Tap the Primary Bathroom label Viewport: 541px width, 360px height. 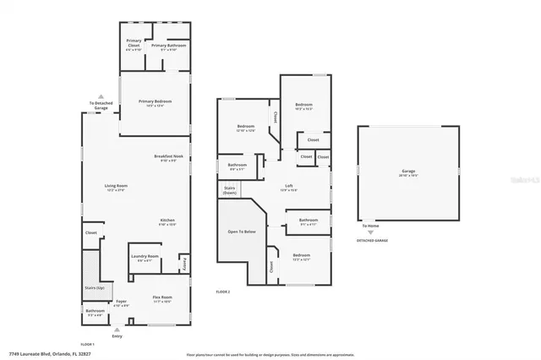pos(168,46)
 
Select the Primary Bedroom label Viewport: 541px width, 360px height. pos(155,103)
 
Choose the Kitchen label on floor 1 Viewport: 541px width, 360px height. pos(167,221)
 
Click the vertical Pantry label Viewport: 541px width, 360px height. pos(185,265)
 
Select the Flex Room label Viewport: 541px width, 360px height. pos(161,299)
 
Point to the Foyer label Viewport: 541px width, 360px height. pos(123,301)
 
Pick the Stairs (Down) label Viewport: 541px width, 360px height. pos(229,190)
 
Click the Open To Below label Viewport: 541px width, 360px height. pos(241,231)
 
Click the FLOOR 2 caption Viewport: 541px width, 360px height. pos(223,292)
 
